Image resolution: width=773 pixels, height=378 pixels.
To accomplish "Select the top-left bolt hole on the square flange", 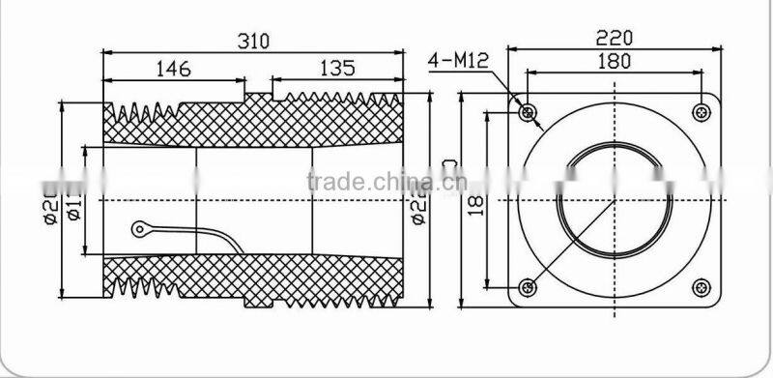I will [x=527, y=113].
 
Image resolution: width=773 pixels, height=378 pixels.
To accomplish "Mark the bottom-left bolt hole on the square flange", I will [x=527, y=287].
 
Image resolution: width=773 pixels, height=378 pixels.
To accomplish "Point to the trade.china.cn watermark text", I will [x=386, y=181].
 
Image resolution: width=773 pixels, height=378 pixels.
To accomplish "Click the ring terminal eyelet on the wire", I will [x=141, y=229].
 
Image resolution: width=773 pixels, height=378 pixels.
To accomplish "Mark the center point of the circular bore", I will [x=614, y=200].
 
